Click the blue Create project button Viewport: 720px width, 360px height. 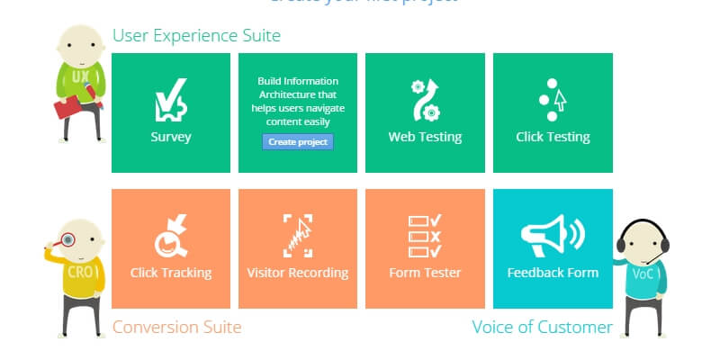click(x=298, y=142)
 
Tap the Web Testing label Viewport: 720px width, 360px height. click(x=425, y=137)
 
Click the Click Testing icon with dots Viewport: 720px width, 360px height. click(x=552, y=99)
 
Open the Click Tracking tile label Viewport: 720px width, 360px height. click(x=171, y=272)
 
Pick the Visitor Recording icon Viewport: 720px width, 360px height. click(x=298, y=235)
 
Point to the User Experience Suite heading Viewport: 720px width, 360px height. click(x=196, y=36)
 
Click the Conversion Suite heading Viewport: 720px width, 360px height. click(x=176, y=327)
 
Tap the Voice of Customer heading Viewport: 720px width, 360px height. click(x=542, y=327)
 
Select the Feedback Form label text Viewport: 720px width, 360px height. click(x=553, y=272)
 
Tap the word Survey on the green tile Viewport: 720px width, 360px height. click(x=171, y=137)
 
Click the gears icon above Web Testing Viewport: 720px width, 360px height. click(x=425, y=99)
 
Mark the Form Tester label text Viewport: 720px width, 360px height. click(x=425, y=272)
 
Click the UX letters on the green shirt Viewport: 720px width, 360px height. click(x=81, y=77)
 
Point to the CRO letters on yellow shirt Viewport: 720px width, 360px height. click(x=80, y=271)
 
